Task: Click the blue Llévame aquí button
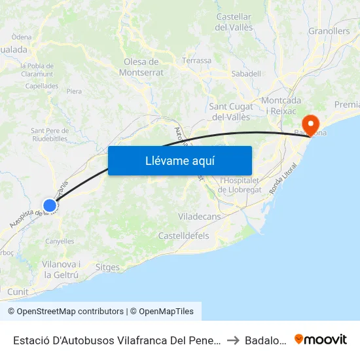(x=180, y=160)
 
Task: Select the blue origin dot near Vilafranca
(x=50, y=206)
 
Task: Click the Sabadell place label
(x=246, y=74)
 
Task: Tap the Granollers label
(x=329, y=31)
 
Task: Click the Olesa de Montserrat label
(x=143, y=67)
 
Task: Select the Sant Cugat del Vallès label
(x=230, y=111)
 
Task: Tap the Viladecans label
(x=199, y=216)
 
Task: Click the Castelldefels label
(x=183, y=235)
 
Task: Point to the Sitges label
(x=107, y=267)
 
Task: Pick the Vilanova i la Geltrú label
(x=61, y=269)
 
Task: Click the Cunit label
(x=18, y=291)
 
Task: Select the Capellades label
(x=42, y=86)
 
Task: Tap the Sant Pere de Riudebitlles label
(x=50, y=134)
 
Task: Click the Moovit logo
(x=321, y=340)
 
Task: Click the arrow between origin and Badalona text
(x=233, y=340)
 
